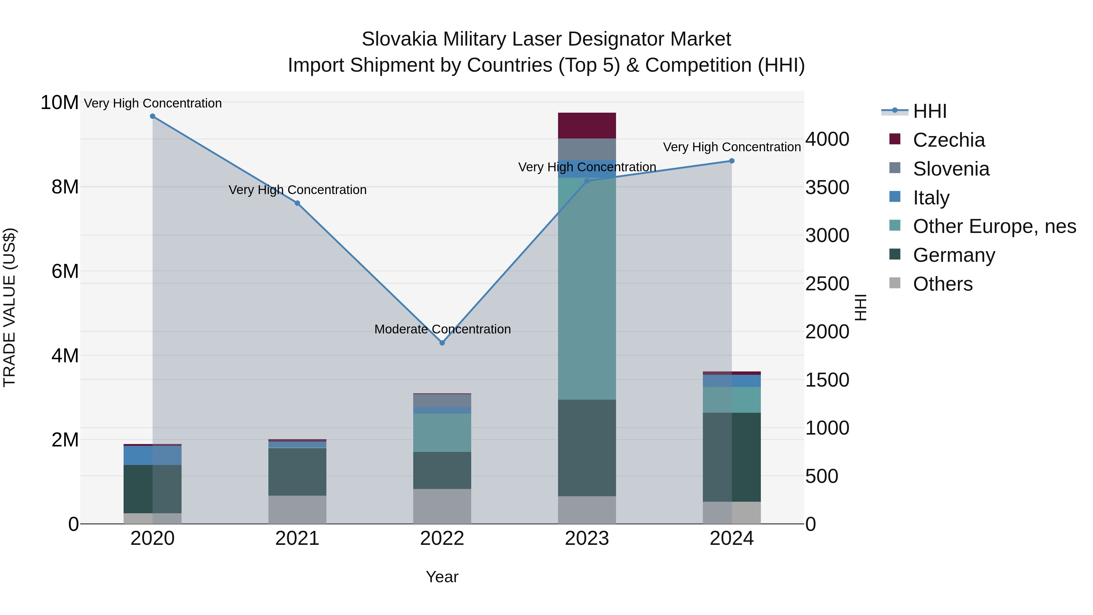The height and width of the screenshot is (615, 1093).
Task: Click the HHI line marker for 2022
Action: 442,343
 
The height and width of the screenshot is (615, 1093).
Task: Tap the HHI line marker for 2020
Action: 153,116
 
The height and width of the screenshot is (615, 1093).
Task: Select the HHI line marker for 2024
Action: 731,161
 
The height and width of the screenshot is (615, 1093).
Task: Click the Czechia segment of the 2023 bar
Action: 587,126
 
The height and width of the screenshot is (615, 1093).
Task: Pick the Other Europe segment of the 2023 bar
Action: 587,289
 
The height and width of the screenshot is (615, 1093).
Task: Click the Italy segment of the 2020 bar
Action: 153,455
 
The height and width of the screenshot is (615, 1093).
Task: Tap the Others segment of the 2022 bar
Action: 442,506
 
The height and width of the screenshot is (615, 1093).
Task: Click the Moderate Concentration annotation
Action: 442,329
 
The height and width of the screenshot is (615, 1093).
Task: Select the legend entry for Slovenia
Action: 951,169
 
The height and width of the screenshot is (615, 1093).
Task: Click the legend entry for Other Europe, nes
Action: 994,226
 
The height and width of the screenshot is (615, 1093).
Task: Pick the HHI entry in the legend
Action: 929,111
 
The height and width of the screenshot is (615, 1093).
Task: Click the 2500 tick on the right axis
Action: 827,284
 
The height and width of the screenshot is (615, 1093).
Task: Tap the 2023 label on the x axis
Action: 587,538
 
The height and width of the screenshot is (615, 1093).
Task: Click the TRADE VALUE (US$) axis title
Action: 10,307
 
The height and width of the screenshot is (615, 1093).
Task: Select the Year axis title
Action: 442,577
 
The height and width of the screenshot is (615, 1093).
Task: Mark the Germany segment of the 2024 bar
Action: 731,457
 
